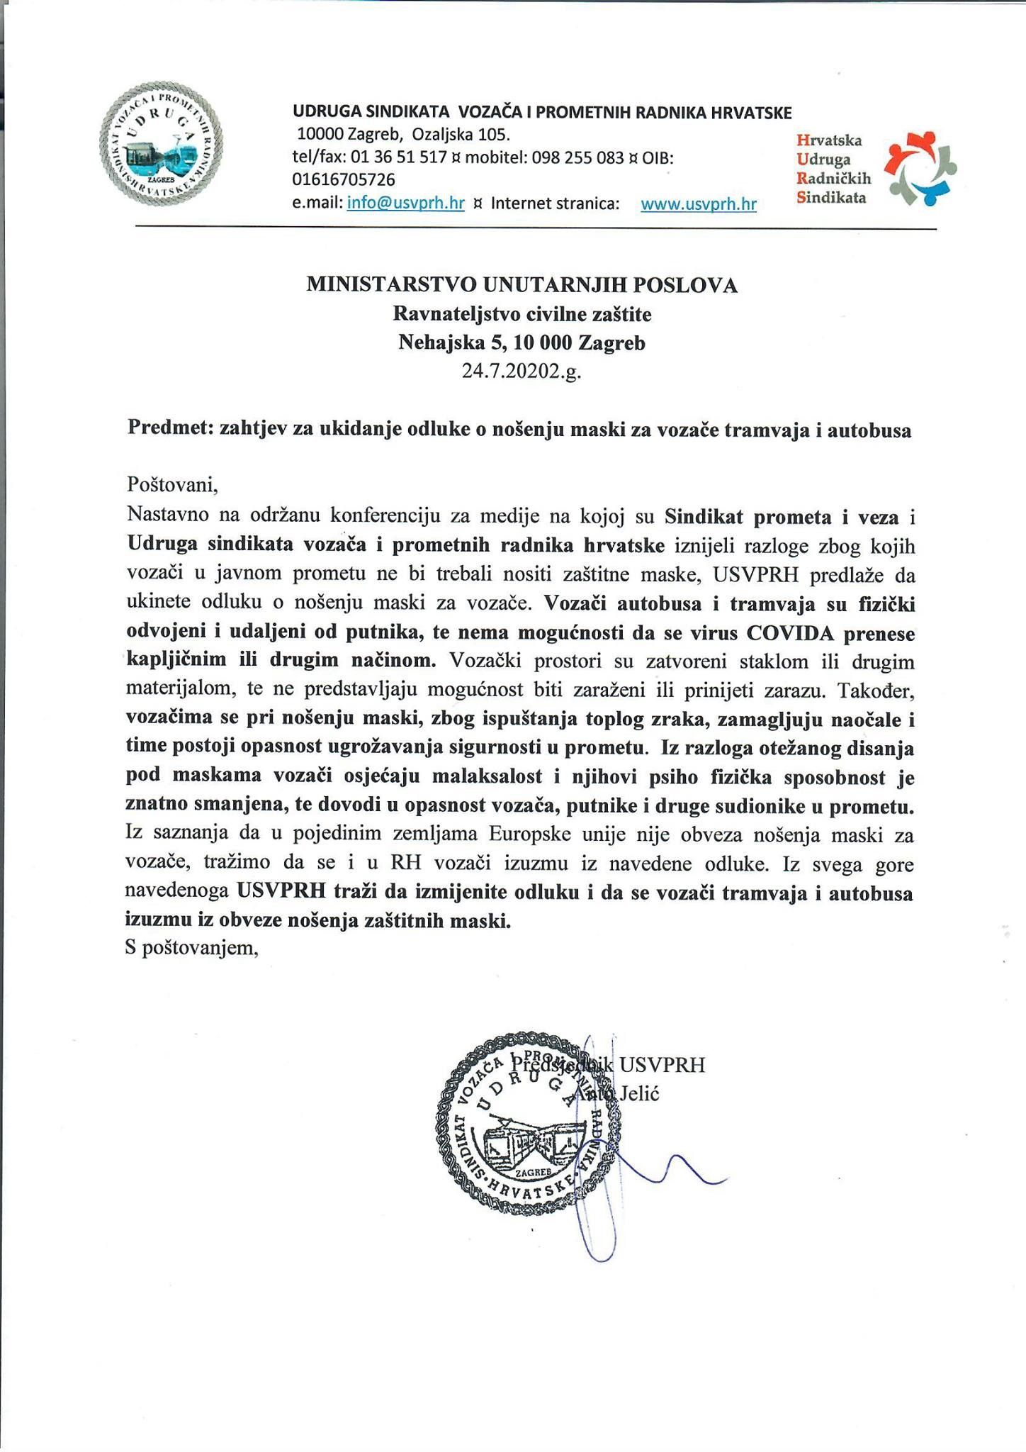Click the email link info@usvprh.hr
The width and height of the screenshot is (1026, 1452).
tap(405, 203)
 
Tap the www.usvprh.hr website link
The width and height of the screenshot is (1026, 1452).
tap(698, 205)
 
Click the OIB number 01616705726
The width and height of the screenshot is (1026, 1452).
tap(344, 180)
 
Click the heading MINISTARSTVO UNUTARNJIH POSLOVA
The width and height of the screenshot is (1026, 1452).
tap(522, 285)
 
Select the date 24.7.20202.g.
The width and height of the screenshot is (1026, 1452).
tap(522, 371)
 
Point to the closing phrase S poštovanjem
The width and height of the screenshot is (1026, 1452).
tap(191, 949)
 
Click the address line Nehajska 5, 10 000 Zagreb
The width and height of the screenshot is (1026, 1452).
tap(522, 342)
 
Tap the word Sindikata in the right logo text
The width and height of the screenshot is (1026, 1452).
tap(831, 198)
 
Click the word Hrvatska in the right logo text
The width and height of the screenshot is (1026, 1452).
tap(828, 141)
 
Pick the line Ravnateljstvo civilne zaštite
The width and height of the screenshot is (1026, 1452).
tap(522, 313)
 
